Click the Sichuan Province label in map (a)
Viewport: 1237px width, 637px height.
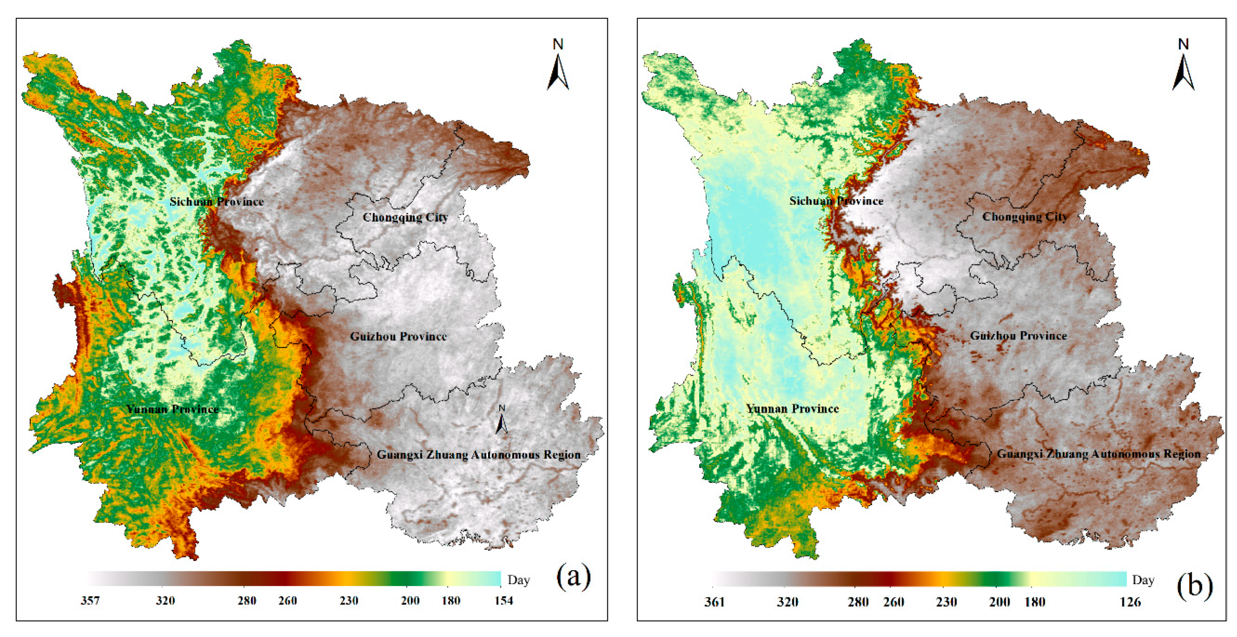coord(217,202)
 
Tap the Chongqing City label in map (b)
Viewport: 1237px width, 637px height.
coord(1025,216)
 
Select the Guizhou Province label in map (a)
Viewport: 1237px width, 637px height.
coord(398,337)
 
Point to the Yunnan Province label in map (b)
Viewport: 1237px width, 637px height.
coord(792,409)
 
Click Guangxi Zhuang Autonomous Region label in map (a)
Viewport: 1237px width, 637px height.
coord(478,454)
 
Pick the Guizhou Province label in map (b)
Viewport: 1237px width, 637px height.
coord(1018,335)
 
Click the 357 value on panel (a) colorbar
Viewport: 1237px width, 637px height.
coord(90,600)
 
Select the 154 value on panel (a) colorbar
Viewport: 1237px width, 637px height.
coord(504,600)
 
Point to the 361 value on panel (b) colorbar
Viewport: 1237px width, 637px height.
coord(714,602)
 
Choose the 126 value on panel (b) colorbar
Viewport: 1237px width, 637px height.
coord(1130,602)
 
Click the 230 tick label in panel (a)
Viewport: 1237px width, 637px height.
coord(349,600)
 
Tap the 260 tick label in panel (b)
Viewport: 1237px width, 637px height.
coord(894,602)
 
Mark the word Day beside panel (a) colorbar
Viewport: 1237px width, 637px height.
coord(518,580)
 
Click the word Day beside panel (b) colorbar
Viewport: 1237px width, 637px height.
coord(1143,580)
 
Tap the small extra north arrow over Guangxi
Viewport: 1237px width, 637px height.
coord(502,420)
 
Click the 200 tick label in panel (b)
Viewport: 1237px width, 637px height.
coord(999,602)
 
